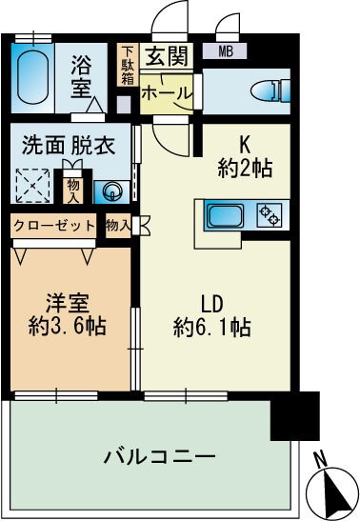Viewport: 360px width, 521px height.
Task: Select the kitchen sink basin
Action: point(228,214)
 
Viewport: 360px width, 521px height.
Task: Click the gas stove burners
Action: point(270,214)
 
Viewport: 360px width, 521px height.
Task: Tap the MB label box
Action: point(229,51)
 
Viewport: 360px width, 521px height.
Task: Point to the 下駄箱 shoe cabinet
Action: point(127,66)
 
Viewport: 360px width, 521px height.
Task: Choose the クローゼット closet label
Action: point(54,226)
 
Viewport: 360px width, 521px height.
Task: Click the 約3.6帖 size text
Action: point(67,325)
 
